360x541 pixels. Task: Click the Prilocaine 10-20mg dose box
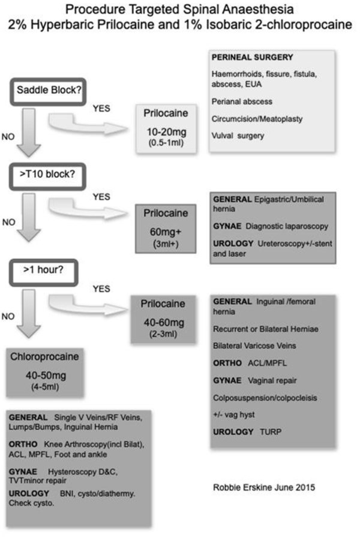click(166, 128)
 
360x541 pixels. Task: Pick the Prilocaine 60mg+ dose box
click(166, 229)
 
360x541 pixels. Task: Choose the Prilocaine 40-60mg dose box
click(163, 319)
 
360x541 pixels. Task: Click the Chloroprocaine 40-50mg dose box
click(45, 372)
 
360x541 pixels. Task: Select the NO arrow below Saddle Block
click(29, 133)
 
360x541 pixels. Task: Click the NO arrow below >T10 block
click(29, 217)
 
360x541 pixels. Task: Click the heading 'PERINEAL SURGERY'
click(253, 58)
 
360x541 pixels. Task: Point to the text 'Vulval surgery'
click(238, 136)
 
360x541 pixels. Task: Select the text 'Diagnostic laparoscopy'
click(287, 226)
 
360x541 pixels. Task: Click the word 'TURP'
click(271, 432)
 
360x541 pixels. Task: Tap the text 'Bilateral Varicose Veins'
click(254, 345)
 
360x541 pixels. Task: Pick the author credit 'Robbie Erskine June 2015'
click(264, 488)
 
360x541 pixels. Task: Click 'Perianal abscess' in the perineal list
click(242, 101)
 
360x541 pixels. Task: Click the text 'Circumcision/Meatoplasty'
click(257, 119)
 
